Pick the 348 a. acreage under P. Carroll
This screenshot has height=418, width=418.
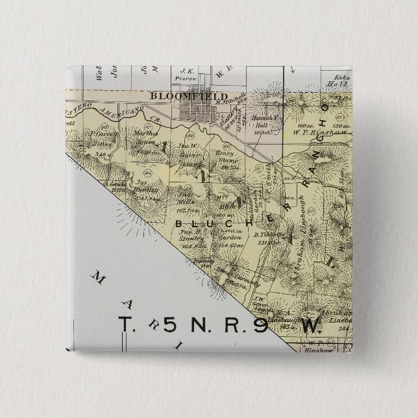[99, 154]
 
